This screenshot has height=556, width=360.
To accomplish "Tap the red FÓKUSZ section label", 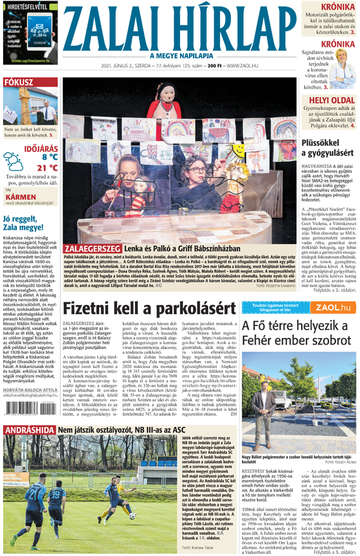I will coord(20,82).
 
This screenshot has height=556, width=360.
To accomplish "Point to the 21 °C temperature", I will coord(47,168).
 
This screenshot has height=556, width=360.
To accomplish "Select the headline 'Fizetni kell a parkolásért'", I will coord(149,309).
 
